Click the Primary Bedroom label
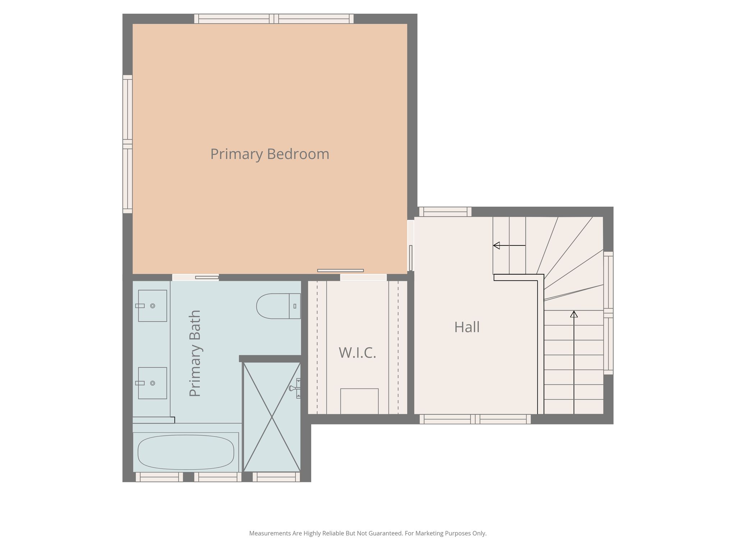click(270, 154)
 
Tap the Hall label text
click(467, 327)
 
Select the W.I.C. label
click(357, 353)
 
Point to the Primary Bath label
click(195, 353)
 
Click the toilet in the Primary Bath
click(279, 306)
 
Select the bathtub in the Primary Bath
click(186, 452)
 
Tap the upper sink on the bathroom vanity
click(152, 306)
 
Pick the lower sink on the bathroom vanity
click(152, 383)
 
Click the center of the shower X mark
click(272, 417)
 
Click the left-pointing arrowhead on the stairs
click(496, 245)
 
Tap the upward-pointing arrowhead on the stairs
click(574, 314)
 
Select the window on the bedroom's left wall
click(128, 144)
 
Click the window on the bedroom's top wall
click(274, 19)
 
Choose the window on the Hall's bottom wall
click(475, 419)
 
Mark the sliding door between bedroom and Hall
click(410, 245)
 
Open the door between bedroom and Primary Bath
click(195, 277)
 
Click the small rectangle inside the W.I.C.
click(359, 401)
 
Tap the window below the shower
click(276, 477)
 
